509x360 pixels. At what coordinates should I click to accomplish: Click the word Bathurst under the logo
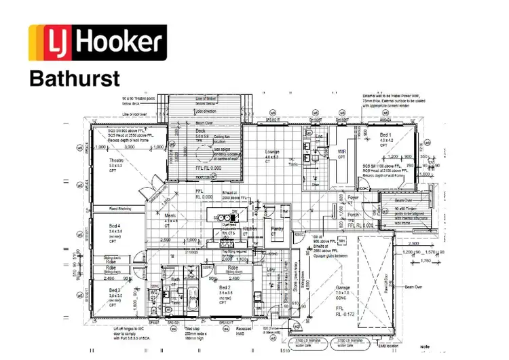coord(74,78)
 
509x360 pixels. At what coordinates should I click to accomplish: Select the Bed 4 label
coord(115,226)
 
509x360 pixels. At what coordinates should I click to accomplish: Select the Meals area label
coord(171,215)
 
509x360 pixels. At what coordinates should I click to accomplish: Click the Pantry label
coord(278,230)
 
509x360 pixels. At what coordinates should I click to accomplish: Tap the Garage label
coord(343,288)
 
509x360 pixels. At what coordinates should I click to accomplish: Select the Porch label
coord(352,215)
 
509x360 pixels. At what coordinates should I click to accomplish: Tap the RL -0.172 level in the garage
coord(345,315)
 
